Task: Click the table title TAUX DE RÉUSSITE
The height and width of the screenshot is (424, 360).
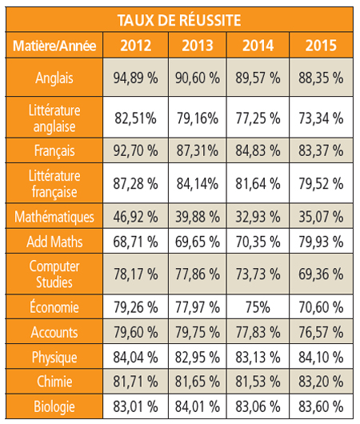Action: click(x=179, y=20)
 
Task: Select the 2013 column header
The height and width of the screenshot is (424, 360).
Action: click(x=198, y=46)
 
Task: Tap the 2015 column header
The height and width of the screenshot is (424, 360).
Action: click(x=321, y=46)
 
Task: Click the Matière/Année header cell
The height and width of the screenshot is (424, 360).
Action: click(x=54, y=46)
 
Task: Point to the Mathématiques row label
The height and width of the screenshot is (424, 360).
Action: click(x=54, y=217)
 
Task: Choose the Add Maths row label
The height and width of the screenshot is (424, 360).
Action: click(x=54, y=242)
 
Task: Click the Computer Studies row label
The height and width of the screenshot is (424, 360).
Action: click(x=54, y=274)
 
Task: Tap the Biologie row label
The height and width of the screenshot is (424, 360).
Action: click(x=54, y=406)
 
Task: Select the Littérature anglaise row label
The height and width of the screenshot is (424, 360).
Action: click(x=54, y=118)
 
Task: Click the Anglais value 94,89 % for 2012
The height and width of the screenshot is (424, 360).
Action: click(x=135, y=78)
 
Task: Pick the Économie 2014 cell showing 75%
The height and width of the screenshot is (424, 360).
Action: click(x=258, y=307)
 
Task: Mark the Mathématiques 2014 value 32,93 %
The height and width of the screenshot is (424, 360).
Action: click(x=258, y=217)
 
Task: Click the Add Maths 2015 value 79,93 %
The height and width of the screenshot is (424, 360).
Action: click(x=321, y=242)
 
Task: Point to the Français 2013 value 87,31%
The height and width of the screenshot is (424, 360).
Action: click(x=198, y=150)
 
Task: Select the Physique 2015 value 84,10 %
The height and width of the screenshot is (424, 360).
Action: click(x=321, y=358)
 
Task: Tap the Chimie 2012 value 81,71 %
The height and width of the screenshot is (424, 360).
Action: click(x=135, y=382)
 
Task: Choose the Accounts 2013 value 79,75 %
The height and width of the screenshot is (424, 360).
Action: click(x=198, y=332)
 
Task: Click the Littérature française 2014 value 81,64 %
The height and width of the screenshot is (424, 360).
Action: click(x=258, y=184)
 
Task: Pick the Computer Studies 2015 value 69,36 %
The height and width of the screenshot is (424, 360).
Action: click(x=321, y=274)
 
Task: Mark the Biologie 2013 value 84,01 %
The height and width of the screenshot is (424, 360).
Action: click(x=198, y=406)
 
